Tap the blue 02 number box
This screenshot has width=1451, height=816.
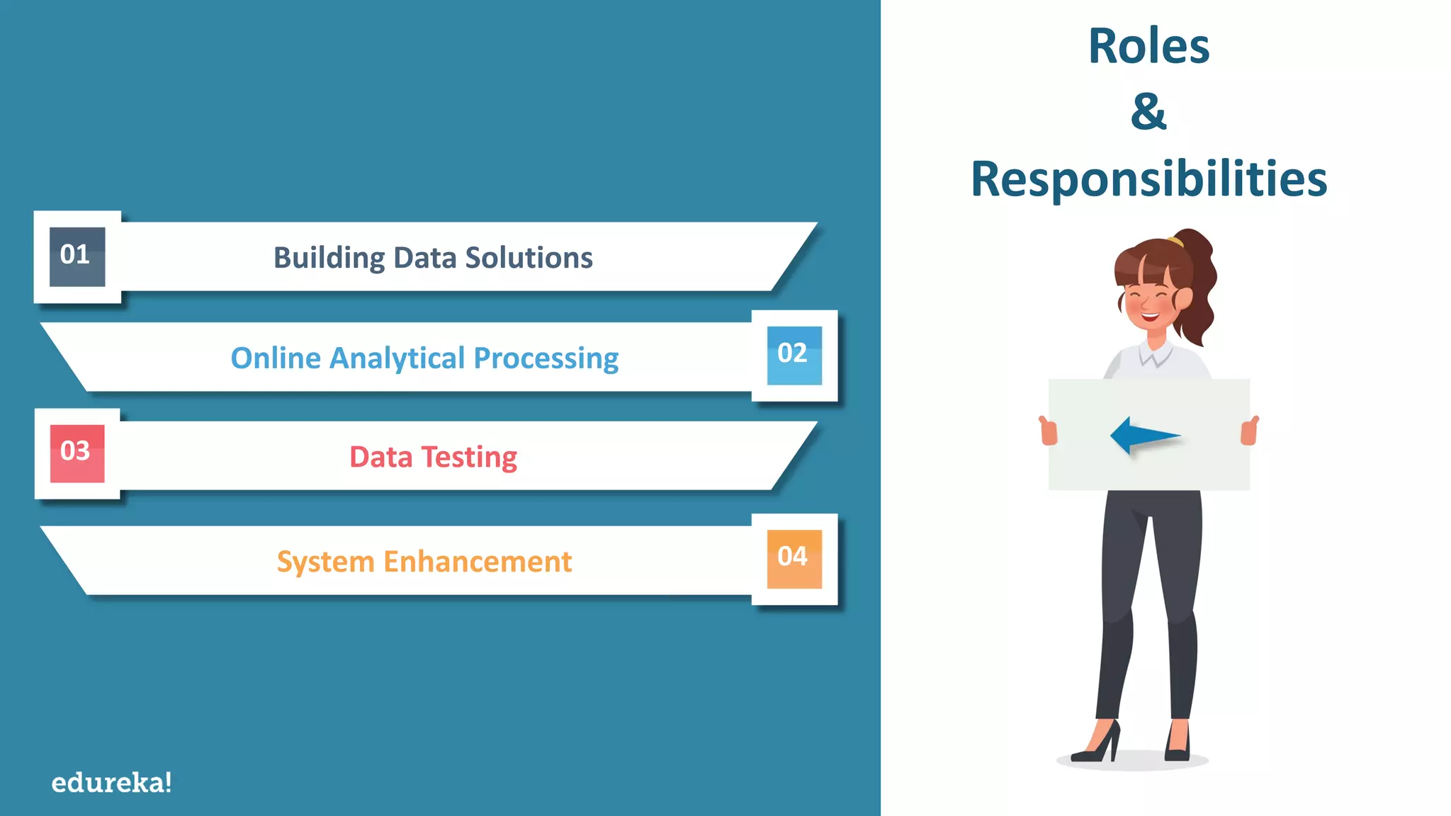pos(794,355)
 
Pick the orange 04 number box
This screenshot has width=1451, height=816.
pos(794,558)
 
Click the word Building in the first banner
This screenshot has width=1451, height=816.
pos(329,258)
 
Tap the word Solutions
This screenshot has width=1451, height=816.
pos(529,258)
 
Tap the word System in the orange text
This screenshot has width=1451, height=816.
pos(325,562)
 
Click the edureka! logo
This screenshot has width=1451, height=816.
pos(111,783)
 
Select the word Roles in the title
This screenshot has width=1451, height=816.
pos(1148,47)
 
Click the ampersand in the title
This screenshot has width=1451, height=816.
pos(1148,112)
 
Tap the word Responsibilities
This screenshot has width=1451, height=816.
pos(1148,178)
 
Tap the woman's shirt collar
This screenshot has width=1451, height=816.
pos(1156,353)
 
